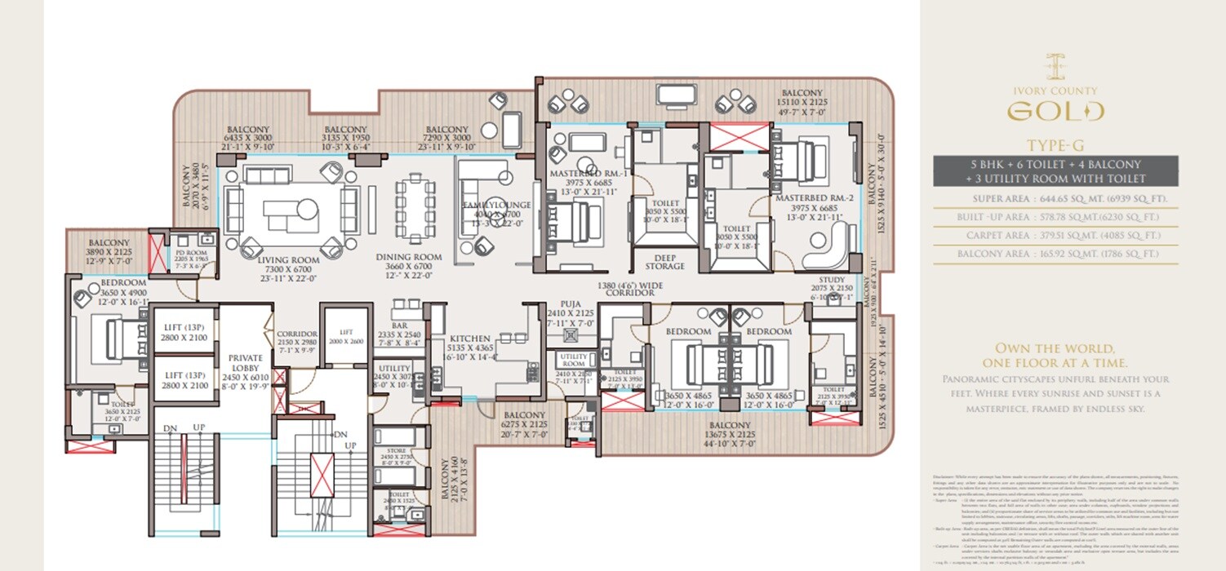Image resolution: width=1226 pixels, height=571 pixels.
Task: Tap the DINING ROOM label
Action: pos(409,258)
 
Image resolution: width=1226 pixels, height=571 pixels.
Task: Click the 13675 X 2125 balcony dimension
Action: pos(730,435)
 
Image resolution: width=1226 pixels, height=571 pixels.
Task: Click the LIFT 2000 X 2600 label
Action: pos(345,337)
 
